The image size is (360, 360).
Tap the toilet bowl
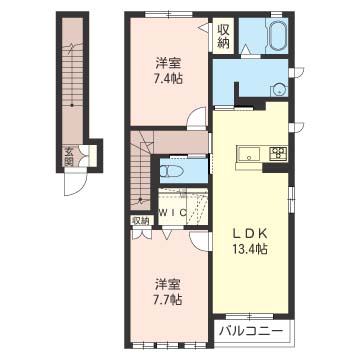[172, 171]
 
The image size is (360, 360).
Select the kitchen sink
[250, 154]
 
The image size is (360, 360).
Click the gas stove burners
[279, 152]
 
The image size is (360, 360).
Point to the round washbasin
[278, 89]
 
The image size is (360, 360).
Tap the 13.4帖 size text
[250, 249]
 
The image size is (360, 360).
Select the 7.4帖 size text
[168, 79]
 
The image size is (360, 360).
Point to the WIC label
[172, 212]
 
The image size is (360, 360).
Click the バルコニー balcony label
[252, 331]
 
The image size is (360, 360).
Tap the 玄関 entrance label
[69, 157]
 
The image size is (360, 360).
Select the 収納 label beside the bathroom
[224, 36]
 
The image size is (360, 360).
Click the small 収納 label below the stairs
[140, 220]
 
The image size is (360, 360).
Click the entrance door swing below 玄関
[76, 183]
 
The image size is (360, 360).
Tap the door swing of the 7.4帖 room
[197, 117]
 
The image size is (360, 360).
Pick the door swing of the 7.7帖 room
[201, 242]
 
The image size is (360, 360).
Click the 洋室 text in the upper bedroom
[167, 63]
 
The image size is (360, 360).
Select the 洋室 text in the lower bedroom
[167, 284]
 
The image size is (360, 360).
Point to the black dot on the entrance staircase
[72, 105]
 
